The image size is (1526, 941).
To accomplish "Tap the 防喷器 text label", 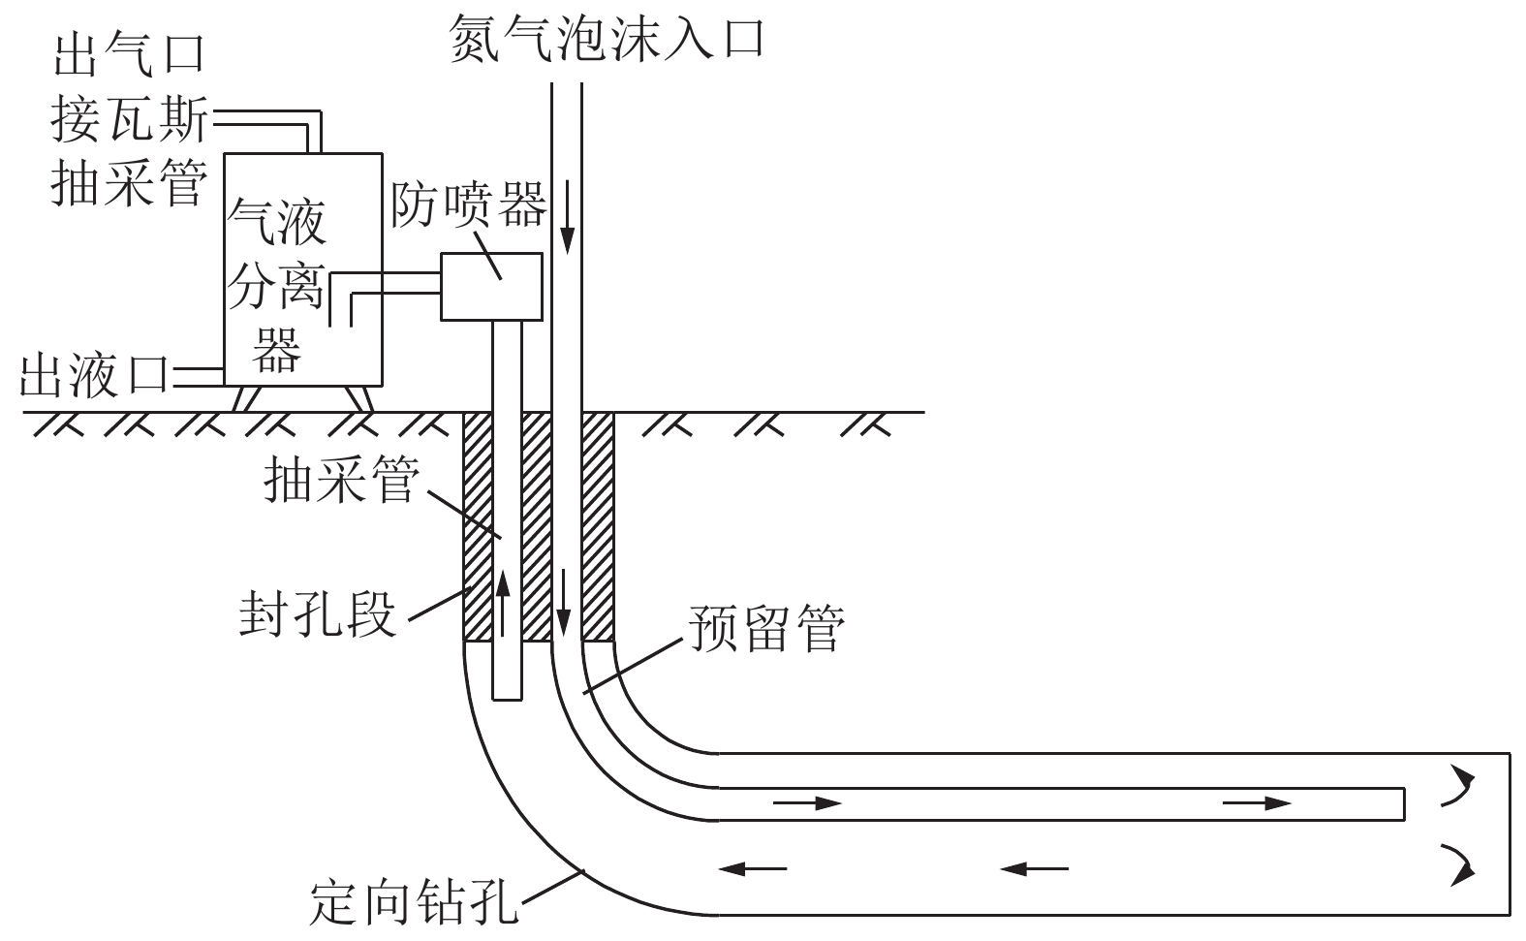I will [468, 205].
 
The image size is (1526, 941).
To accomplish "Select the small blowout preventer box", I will [491, 286].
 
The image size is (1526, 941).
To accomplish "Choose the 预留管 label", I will [766, 628].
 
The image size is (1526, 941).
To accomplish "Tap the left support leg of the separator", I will [245, 397].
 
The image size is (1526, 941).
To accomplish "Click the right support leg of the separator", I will [360, 397].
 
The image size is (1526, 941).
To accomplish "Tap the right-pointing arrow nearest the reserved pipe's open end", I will [1258, 802].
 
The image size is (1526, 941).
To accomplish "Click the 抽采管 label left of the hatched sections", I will [341, 479].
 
